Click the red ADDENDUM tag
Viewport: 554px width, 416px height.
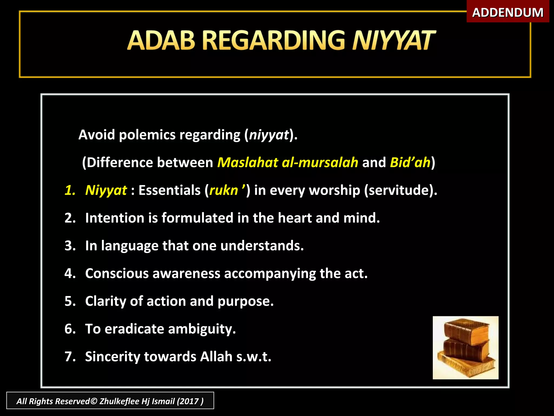click(x=507, y=12)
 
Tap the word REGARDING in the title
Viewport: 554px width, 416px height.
click(x=273, y=41)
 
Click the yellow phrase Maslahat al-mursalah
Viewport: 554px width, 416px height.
click(x=288, y=162)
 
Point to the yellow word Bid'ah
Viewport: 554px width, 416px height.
click(x=410, y=162)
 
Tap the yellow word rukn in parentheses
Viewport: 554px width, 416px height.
click(x=223, y=190)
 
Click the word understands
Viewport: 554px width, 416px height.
click(x=262, y=246)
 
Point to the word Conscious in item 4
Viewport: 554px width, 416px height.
click(x=117, y=274)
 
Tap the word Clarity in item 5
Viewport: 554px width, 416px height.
click(x=105, y=301)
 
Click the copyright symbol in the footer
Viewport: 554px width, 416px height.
click(x=94, y=401)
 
